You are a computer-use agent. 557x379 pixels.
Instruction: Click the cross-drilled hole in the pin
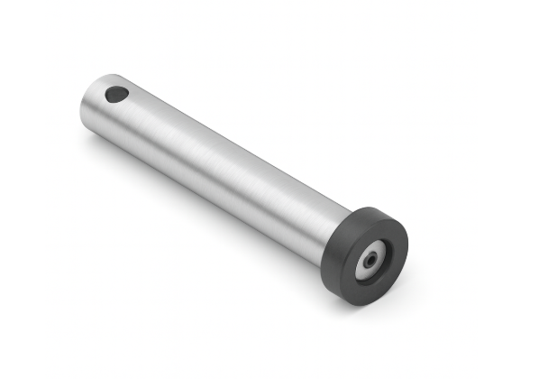[116, 93]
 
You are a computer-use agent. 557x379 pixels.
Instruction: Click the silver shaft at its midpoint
[216, 162]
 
